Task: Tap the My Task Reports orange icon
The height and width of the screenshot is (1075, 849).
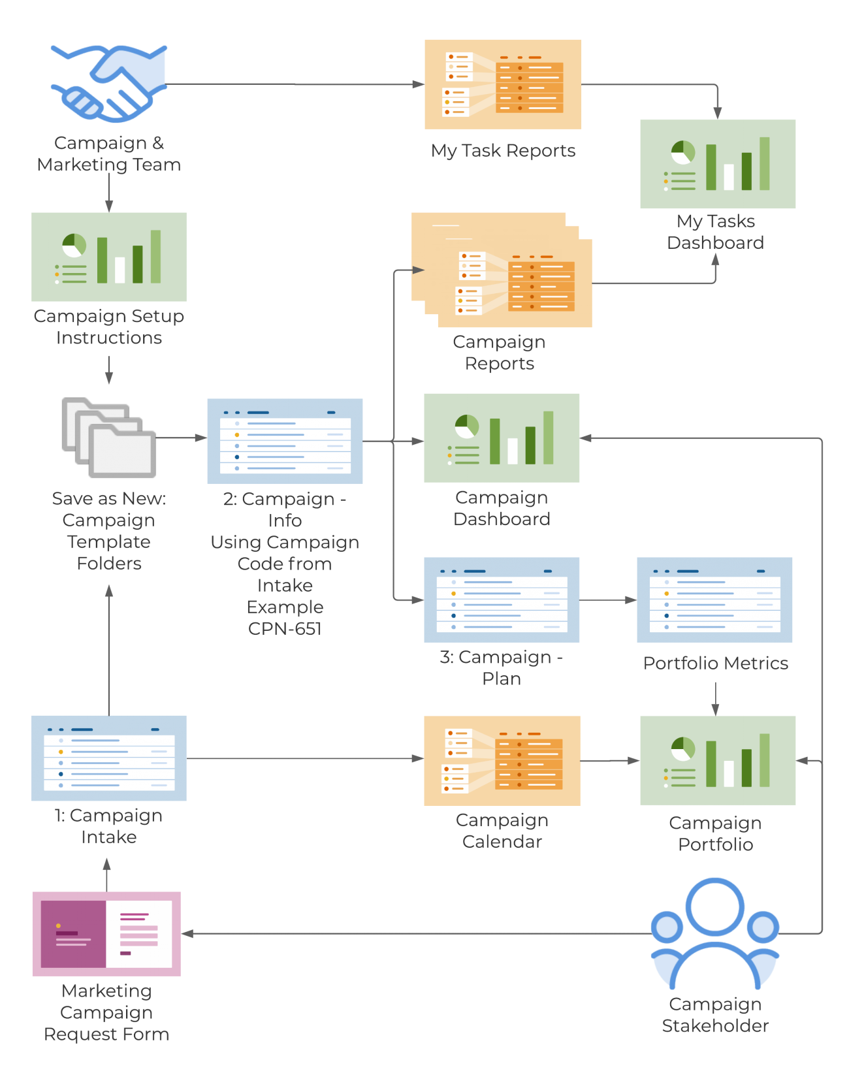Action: click(503, 84)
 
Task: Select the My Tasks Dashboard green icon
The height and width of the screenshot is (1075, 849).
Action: click(718, 164)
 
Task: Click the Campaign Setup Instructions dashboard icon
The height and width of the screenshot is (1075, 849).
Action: click(108, 257)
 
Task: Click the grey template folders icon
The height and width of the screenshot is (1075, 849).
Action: click(109, 437)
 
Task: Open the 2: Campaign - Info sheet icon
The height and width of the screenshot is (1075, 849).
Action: click(285, 441)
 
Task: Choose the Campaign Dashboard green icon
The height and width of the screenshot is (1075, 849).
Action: click(502, 438)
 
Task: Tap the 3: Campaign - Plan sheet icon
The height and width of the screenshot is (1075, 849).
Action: click(502, 600)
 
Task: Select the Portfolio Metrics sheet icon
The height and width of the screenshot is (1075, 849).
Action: click(714, 600)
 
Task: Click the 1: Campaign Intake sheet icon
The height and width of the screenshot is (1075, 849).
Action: click(108, 758)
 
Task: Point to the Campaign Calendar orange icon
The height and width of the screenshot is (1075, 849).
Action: click(502, 760)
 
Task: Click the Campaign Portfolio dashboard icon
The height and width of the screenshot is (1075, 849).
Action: click(718, 760)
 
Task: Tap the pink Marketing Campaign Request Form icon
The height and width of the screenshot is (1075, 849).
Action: click(106, 934)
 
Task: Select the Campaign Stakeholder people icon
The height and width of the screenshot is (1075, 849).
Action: click(715, 934)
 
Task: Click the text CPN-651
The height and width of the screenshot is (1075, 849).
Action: click(285, 628)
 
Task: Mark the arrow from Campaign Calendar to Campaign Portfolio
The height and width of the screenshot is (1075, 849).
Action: click(610, 760)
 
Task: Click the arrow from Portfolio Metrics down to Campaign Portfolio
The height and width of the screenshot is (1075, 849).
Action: click(715, 699)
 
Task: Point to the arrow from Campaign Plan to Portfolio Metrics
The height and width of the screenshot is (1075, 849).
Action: click(608, 600)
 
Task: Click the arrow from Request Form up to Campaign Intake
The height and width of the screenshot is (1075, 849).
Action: click(107, 875)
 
